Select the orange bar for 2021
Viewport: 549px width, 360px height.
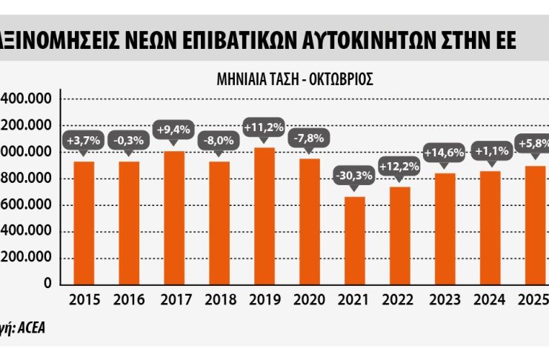click(x=356, y=240)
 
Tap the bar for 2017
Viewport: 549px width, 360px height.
click(x=174, y=218)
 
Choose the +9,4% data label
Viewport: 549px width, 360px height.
click(x=174, y=130)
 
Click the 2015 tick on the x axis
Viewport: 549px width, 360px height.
click(x=83, y=299)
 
